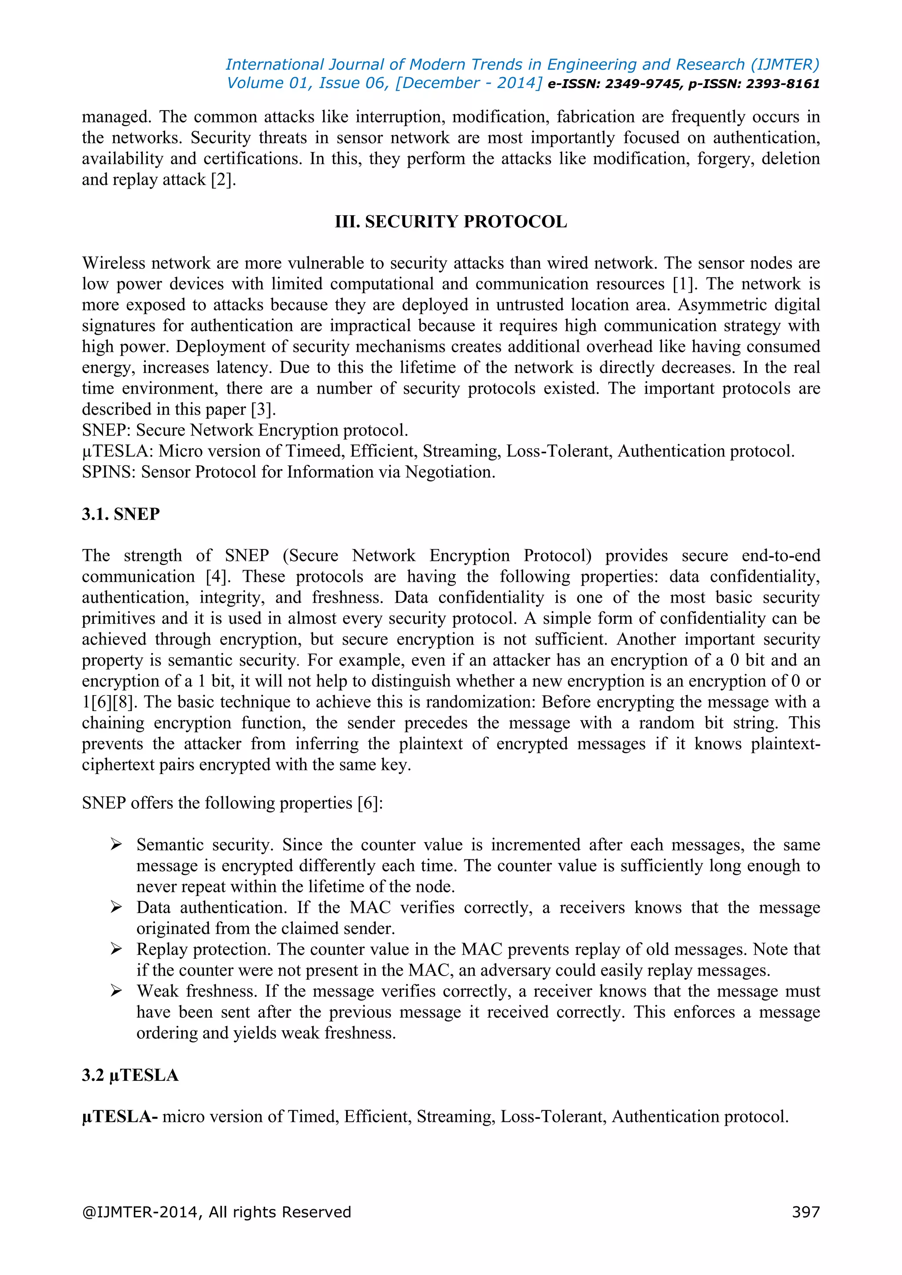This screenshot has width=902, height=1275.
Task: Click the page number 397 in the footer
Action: (x=806, y=1212)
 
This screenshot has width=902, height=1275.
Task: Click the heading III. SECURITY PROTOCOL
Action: (x=451, y=221)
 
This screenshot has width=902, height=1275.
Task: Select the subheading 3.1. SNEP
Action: (x=121, y=514)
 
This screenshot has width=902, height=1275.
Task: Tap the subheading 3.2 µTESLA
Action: (x=130, y=1075)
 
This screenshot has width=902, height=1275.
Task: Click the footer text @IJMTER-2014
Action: (x=140, y=1212)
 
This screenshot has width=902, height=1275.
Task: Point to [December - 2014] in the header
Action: (x=468, y=83)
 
